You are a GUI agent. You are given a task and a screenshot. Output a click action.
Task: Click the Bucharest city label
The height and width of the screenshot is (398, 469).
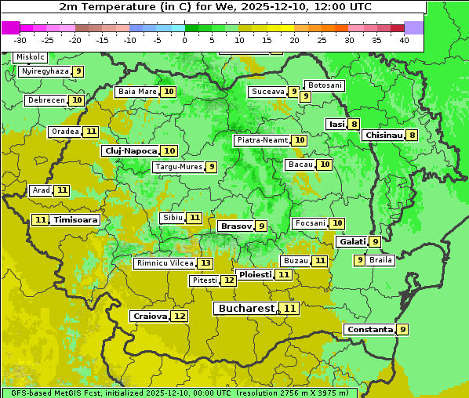246,309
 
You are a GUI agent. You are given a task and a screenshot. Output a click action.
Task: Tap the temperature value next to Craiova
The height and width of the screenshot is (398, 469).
180,317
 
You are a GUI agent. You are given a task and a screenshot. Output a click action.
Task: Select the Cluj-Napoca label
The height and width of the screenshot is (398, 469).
129,150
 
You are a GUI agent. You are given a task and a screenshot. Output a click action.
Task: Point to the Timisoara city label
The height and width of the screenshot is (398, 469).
76,220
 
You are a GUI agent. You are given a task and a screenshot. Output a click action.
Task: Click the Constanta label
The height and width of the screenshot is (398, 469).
369,330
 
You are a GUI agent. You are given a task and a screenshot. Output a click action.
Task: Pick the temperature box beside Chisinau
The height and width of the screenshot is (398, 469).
412,135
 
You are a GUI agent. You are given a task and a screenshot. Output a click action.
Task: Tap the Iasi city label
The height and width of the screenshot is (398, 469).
336,124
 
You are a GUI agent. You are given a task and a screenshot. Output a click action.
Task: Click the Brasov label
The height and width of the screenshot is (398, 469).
236,226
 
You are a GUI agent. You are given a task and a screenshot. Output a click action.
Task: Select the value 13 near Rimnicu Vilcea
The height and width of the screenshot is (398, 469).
205,263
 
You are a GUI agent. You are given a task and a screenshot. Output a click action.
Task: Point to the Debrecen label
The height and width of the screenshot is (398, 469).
45,100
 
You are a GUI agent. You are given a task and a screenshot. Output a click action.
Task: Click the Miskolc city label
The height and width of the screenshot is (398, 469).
31,57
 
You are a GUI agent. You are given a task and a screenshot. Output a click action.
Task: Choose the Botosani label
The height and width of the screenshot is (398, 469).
324,85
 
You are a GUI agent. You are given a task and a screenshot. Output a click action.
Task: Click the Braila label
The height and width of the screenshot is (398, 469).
380,260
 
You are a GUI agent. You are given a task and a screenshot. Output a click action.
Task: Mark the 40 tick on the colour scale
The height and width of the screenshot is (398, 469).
404,40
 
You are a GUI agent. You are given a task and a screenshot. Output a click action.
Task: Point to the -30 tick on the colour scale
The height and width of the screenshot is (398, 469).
20,40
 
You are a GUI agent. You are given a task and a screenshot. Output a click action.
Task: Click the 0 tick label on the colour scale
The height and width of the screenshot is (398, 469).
185,40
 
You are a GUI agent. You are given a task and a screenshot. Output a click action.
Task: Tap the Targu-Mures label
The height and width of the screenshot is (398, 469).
179,167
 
